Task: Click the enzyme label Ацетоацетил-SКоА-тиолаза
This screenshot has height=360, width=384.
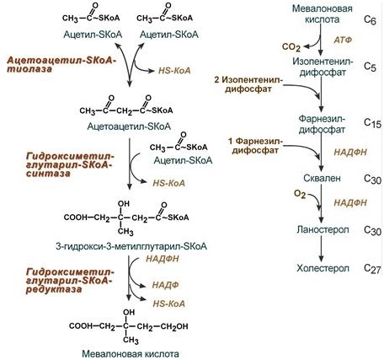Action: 61,65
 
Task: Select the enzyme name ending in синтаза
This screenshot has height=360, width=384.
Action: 70,164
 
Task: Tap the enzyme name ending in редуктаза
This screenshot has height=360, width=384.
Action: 70,281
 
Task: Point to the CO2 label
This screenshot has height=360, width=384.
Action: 291,47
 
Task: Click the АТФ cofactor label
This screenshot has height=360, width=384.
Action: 343,40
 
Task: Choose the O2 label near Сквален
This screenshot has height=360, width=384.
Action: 300,194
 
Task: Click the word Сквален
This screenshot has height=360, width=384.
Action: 322,178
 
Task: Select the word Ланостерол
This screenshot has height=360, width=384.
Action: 323,229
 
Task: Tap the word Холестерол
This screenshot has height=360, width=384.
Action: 323,268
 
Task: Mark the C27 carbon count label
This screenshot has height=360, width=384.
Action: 372,268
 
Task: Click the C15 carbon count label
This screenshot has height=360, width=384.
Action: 372,123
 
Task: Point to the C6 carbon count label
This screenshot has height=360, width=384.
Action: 370,19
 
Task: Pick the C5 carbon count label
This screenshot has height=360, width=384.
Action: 370,67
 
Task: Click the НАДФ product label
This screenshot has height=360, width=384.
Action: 165,285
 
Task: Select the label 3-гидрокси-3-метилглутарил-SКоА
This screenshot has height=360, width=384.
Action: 131,246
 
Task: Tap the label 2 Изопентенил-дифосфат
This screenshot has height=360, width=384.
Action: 248,84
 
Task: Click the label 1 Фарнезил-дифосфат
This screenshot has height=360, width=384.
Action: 255,145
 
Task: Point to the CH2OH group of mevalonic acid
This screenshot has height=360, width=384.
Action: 174,326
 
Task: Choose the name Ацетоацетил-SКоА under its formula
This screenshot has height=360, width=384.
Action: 129,126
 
